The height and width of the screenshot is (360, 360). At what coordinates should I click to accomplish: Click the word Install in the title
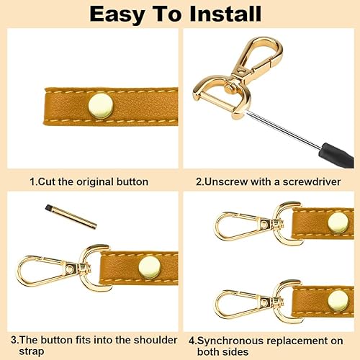coord(225,14)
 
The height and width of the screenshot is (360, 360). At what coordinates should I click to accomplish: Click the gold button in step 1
coord(101,106)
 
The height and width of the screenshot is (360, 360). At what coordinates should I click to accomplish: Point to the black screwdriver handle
coord(336,155)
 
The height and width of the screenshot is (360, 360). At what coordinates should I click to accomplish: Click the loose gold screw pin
coord(71,217)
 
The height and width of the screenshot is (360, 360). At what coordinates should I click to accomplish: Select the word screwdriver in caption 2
coord(312,181)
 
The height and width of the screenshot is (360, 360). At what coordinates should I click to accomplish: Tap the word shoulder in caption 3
coord(156,340)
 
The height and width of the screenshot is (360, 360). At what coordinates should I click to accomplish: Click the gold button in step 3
coord(149,268)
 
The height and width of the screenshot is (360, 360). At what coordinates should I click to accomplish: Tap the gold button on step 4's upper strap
coord(338,223)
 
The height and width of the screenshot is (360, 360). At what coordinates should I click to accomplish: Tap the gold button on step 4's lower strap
coord(338,301)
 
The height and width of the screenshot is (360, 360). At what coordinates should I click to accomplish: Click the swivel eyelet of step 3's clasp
coord(70,269)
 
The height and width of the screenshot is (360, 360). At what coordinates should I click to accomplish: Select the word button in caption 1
coord(132,181)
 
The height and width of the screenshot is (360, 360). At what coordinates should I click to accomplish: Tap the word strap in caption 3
coord(32,352)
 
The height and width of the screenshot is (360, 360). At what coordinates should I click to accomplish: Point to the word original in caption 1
coord(95,182)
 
